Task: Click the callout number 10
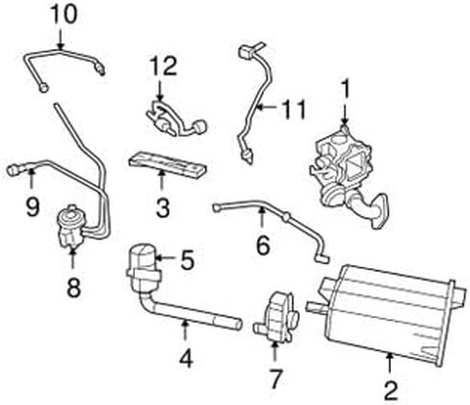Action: pos(64,14)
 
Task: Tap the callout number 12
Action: pos(163,67)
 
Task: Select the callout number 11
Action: pos(293,109)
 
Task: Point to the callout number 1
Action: pos(346,89)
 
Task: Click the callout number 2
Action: pos(391,391)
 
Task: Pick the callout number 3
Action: pos(163,207)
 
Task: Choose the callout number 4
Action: pos(186,358)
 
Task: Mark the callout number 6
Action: pos(263,245)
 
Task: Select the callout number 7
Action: pos(276,378)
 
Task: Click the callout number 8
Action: pos(73,287)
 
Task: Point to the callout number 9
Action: pos(33,206)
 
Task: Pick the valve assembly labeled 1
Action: pos(349,175)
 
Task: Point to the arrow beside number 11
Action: pos(269,107)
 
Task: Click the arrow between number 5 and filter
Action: pos(167,257)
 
